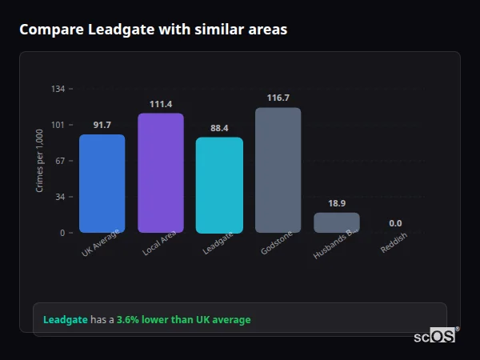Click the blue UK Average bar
pyautogui.click(x=102, y=183)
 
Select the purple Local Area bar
pyautogui.click(x=161, y=173)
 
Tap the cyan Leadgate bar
pyautogui.click(x=219, y=185)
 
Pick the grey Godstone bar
pyautogui.click(x=278, y=170)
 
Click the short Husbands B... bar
pyautogui.click(x=337, y=222)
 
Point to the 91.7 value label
pyautogui.click(x=102, y=125)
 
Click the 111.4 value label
pyautogui.click(x=161, y=104)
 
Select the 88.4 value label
pyautogui.click(x=219, y=128)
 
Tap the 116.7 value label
pyautogui.click(x=278, y=98)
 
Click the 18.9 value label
pyautogui.click(x=337, y=203)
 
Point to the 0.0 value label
pyautogui.click(x=395, y=223)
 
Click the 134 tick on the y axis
pyautogui.click(x=58, y=89)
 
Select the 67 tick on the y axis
pyautogui.click(x=61, y=161)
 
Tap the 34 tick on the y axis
pyautogui.click(x=61, y=197)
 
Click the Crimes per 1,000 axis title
pyautogui.click(x=40, y=161)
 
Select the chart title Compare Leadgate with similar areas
pyautogui.click(x=153, y=30)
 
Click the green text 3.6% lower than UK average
pyautogui.click(x=183, y=320)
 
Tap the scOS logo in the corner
pyautogui.click(x=435, y=336)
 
